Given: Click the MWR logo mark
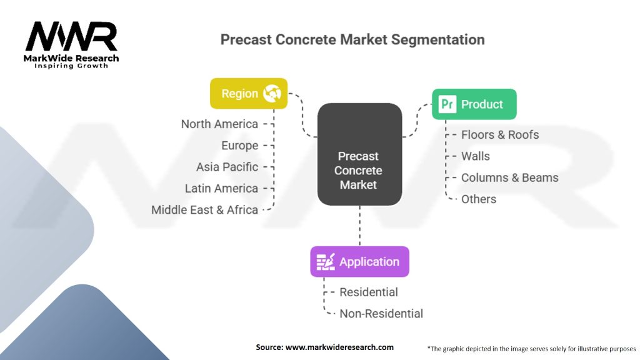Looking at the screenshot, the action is coord(71,37).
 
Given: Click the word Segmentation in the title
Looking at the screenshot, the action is coord(438,39).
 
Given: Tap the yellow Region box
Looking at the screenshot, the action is coord(249,94).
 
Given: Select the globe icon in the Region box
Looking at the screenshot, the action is coord(272,94).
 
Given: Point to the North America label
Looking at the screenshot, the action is coord(219,124).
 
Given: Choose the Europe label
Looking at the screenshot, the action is coord(239,145).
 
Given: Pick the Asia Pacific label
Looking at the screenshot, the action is coord(227,167).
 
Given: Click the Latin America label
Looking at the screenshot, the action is coord(221,188).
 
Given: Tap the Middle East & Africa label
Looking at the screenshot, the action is coord(204,210).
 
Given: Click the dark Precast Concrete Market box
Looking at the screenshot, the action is coord(359,154).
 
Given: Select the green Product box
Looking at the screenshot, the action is coord(474,104).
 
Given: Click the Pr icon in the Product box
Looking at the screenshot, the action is coord(447,104).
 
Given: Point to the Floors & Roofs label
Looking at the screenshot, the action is coord(500,135).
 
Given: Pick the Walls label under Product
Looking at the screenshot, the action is coord(476,156).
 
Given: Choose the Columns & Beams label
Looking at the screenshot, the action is coord(510,177).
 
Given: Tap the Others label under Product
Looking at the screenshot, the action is coord(479,199).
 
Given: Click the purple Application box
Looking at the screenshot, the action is coord(359,262).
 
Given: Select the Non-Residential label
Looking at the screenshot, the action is coord(381,314).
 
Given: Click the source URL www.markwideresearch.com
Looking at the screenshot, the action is coord(339,347).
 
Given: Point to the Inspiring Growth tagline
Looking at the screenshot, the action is coord(71,66).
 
